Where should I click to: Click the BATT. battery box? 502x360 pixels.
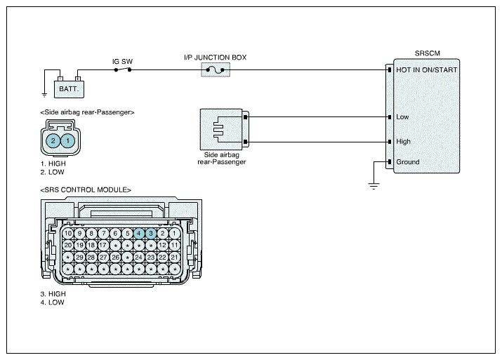(x=69, y=89)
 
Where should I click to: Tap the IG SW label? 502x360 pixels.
(x=122, y=62)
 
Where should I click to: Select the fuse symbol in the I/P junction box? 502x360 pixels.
(x=216, y=70)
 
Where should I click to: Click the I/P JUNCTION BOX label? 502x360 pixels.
(x=215, y=58)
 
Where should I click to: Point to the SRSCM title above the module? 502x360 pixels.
(x=428, y=53)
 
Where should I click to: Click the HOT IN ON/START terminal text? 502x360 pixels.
(x=426, y=69)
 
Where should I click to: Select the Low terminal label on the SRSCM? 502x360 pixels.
(x=402, y=116)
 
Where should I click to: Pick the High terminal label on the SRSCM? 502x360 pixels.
(x=403, y=141)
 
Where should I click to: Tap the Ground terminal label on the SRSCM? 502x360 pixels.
(x=407, y=162)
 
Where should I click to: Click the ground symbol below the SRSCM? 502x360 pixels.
(x=374, y=186)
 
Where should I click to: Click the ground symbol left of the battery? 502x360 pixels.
(x=44, y=95)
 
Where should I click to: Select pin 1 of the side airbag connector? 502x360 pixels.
(x=67, y=140)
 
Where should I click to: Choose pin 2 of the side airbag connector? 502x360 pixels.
(x=53, y=140)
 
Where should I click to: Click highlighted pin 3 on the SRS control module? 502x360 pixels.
(x=151, y=233)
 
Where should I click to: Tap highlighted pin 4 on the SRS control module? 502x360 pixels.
(x=139, y=233)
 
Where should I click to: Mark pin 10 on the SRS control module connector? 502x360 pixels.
(x=68, y=233)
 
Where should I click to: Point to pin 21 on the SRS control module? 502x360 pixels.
(x=175, y=257)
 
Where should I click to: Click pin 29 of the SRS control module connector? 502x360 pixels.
(x=80, y=257)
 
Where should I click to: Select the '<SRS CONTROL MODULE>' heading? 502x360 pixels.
(x=86, y=189)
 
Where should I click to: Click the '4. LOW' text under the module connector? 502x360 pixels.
(x=52, y=302)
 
